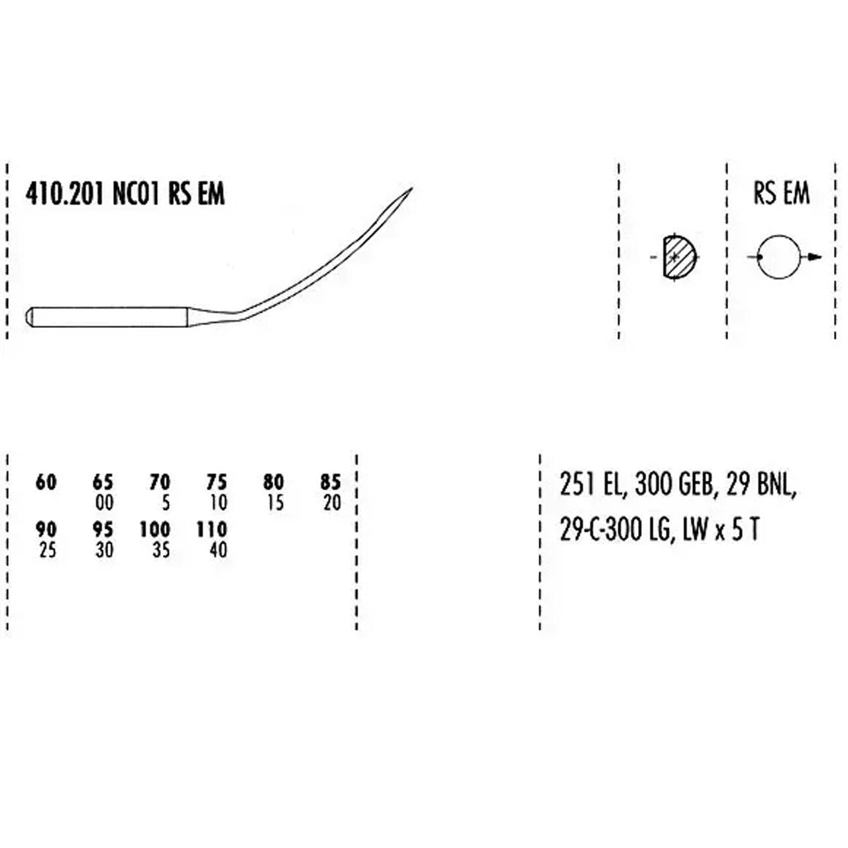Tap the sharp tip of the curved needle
(x=412, y=188)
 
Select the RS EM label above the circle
(x=781, y=194)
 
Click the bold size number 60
(x=46, y=483)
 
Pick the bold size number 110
(x=212, y=529)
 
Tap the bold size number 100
(x=155, y=529)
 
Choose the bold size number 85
(x=331, y=483)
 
